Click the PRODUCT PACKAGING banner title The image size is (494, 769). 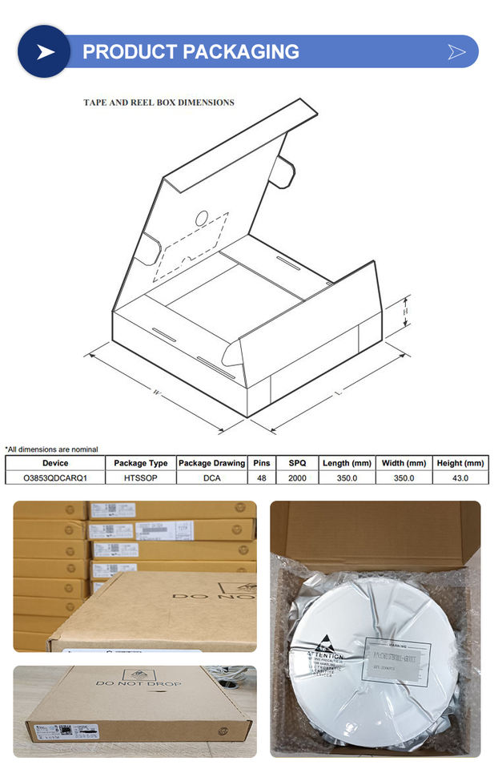(191, 52)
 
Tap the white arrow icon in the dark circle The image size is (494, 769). (46, 52)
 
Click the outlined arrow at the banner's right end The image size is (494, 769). (456, 52)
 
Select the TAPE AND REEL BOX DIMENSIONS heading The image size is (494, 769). (159, 103)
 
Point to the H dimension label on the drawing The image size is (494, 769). (406, 311)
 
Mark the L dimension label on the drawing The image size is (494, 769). (339, 393)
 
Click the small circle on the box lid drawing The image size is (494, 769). (202, 217)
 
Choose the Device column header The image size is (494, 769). (55, 463)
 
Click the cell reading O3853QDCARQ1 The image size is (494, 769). (55, 477)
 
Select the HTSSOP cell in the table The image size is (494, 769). (140, 477)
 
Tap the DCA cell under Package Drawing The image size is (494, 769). (211, 477)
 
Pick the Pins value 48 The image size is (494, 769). (263, 477)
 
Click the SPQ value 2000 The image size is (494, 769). (297, 477)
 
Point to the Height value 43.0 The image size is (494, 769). (460, 477)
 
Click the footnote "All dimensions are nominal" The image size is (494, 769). (52, 449)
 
